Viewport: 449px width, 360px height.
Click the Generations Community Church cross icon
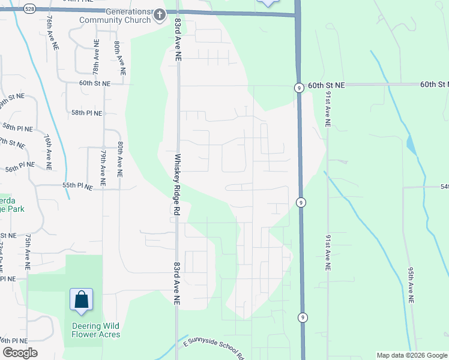[159, 16]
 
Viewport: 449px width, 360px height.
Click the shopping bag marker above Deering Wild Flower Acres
[81, 300]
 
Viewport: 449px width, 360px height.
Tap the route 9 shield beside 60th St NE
[298, 88]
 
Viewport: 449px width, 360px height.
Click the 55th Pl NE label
[77, 187]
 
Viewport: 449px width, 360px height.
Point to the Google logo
[20, 353]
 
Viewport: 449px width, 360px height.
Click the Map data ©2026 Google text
[411, 355]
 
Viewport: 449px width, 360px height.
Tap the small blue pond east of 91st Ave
[411, 145]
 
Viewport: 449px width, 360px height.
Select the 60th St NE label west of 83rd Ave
[95, 84]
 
